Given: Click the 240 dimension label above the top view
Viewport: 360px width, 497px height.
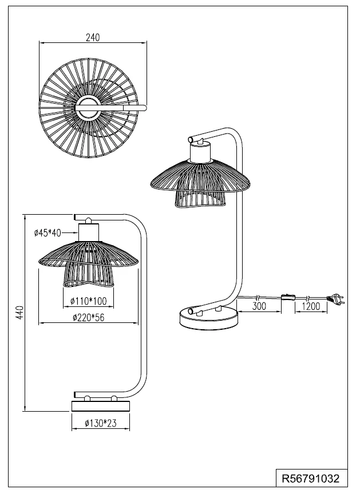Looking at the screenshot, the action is click(x=93, y=38).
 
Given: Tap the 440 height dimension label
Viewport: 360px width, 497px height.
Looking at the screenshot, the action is click(x=19, y=313).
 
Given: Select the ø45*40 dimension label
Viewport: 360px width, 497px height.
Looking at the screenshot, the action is click(x=48, y=233).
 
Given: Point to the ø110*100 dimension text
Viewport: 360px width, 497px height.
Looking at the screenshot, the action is click(x=88, y=301).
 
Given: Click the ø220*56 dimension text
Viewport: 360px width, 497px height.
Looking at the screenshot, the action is click(x=88, y=317).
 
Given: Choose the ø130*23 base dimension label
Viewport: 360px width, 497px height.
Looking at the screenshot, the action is click(x=101, y=423).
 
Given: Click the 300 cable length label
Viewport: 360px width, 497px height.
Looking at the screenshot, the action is click(x=259, y=306).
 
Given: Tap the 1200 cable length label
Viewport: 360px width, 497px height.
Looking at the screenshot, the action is click(x=311, y=306).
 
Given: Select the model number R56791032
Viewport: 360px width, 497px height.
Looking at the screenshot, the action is click(x=311, y=478).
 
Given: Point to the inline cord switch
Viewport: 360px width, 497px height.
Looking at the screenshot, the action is click(x=288, y=298).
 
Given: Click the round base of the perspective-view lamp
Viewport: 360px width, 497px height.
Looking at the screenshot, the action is click(x=208, y=319).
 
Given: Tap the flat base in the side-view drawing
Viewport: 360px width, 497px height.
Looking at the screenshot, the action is click(x=101, y=406).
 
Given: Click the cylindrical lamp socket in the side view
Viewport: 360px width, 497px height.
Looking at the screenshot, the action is click(x=89, y=232).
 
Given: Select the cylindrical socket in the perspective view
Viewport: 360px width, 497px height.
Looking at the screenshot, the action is click(x=200, y=152).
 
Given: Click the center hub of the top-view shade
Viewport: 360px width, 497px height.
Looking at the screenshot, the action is click(x=88, y=108).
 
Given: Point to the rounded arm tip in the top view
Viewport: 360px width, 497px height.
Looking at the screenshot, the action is click(x=144, y=108).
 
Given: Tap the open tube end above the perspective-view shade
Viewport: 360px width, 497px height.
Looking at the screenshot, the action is click(x=191, y=139).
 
